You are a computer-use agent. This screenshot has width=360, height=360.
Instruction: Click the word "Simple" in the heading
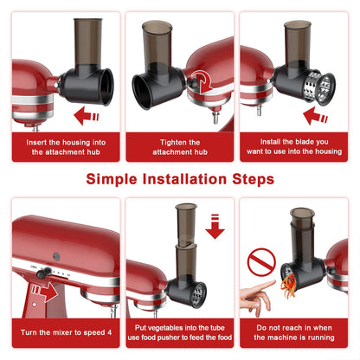pos(112,179)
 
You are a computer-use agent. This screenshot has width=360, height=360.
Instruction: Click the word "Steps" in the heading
pos(253,179)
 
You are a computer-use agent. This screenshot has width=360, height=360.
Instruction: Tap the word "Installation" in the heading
pos(184,179)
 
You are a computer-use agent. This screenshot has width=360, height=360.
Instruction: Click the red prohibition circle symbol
pos(261,262)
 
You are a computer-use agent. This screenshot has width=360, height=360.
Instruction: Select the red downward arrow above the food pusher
pos(215,227)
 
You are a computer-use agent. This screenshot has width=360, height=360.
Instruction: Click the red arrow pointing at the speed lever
pos(45,292)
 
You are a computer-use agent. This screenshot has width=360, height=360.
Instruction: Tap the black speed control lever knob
pos(42,273)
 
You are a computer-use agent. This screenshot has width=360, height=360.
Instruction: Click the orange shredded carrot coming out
pos(289,286)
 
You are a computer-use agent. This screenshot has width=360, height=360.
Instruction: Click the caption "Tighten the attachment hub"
pos(180,147)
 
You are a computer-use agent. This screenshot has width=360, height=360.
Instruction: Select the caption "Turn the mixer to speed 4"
pos(66,332)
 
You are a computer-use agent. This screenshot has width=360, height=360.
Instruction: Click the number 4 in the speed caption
pos(110,332)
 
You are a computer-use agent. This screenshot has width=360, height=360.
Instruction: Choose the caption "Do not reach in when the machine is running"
pos(294,332)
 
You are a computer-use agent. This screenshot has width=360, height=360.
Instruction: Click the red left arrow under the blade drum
pos(315,115)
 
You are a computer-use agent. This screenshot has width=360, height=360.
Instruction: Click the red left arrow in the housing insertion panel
pos(87,115)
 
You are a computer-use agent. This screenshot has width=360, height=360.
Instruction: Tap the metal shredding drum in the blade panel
pos(319,87)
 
